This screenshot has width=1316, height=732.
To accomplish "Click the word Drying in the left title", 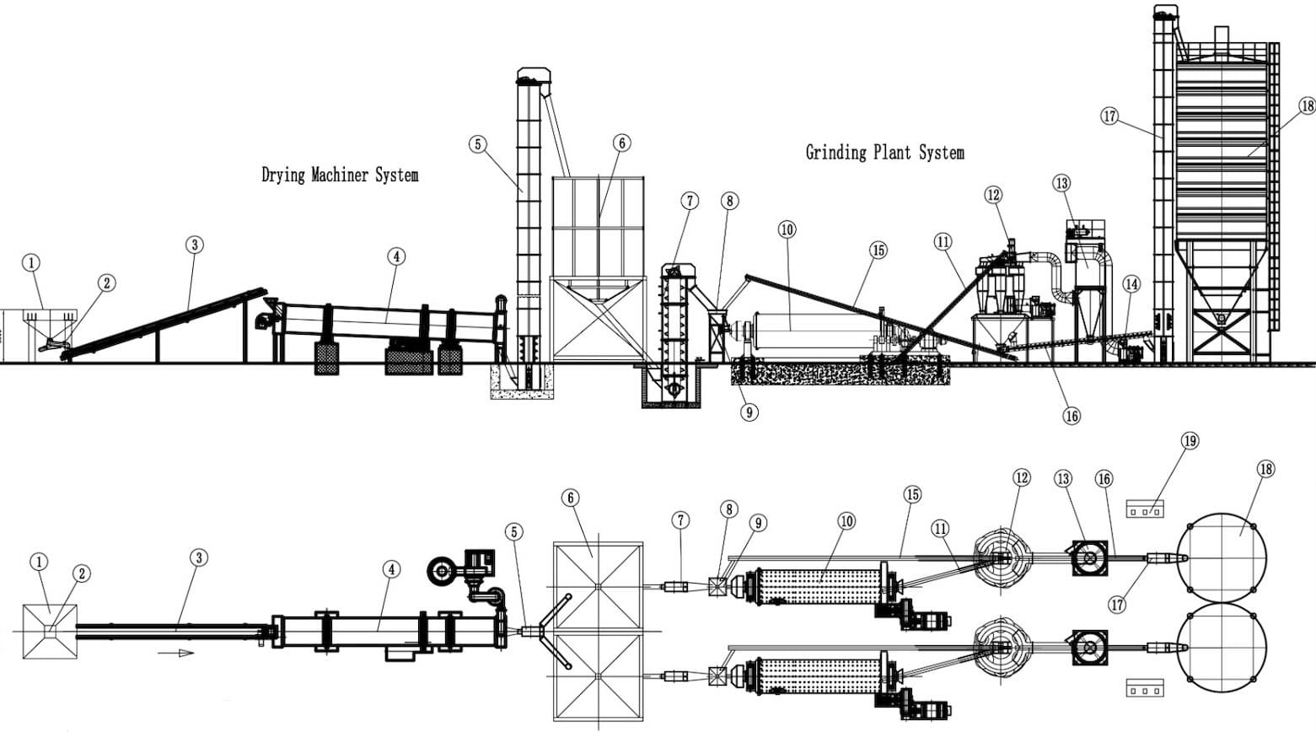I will point(284,175).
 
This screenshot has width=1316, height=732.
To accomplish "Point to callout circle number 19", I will point(1190,441).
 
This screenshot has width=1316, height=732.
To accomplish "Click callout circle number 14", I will point(1131,285).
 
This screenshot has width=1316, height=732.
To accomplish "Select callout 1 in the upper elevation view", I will point(31,264).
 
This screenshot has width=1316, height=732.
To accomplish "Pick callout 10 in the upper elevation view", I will point(787,229).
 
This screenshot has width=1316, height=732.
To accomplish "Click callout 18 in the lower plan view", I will point(1265,469).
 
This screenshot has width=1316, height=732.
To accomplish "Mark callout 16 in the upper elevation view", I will point(1072,416).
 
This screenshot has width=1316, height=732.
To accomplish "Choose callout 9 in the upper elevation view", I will point(748,412).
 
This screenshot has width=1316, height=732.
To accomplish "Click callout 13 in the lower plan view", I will point(1063,479).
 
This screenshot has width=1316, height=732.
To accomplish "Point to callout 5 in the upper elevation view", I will point(478,144).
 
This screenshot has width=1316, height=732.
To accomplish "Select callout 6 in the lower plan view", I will point(571,498).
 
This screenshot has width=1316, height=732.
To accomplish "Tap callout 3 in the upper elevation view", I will point(195,245).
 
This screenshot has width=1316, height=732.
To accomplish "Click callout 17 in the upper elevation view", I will point(1109,116).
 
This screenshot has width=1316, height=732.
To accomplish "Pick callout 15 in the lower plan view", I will point(912,494).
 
